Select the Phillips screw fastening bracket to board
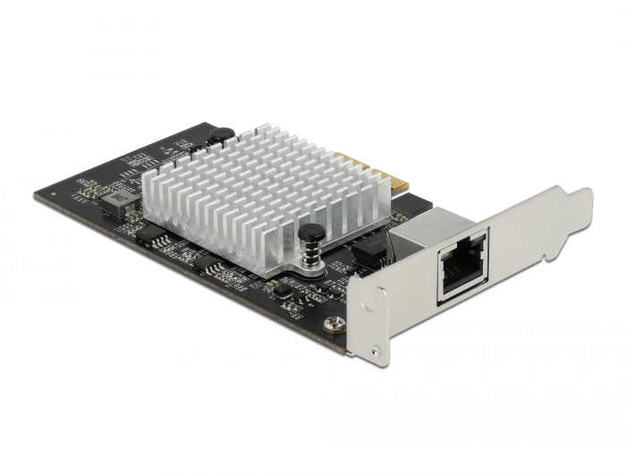click(x=334, y=325)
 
